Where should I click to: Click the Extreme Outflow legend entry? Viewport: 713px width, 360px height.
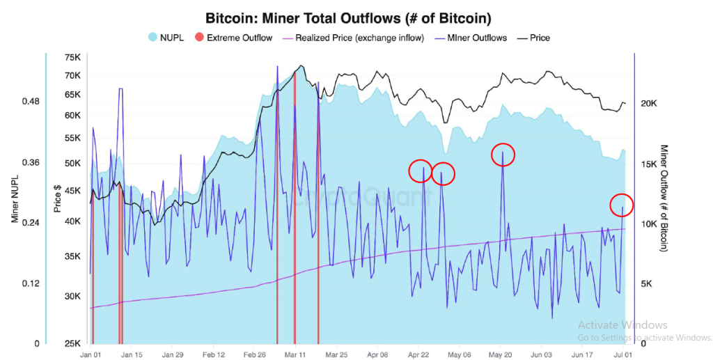tap(234, 38)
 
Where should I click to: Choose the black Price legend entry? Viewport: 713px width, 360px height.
tap(534, 38)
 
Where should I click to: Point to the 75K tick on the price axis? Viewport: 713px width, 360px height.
tap(72, 58)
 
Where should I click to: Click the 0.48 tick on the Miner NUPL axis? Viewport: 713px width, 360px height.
tap(30, 102)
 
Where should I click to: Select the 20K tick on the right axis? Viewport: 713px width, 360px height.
tap(650, 104)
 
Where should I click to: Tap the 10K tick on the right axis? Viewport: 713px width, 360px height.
tap(650, 224)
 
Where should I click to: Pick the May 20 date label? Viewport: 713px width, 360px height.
tap(501, 354)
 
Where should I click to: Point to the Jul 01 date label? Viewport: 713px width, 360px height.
tap(623, 354)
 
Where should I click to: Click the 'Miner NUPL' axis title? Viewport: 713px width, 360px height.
tap(15, 198)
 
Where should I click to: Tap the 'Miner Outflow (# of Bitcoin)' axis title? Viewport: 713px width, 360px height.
tap(664, 198)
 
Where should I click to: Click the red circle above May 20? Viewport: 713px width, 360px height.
tap(503, 155)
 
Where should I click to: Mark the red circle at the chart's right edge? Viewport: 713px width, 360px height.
tap(622, 205)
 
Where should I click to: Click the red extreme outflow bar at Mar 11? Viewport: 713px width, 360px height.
tap(295, 209)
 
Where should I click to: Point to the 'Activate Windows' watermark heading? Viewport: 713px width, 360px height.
tap(622, 325)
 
